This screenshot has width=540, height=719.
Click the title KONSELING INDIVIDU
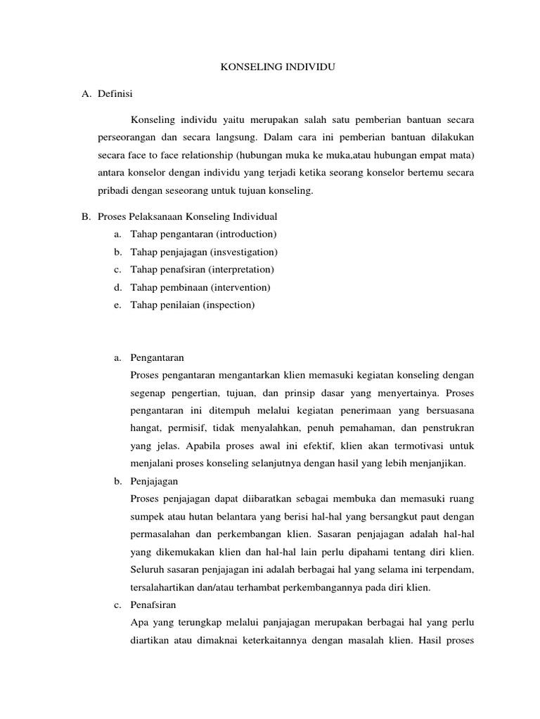pos(270,67)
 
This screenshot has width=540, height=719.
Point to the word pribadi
pos(112,190)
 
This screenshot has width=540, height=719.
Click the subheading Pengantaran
pos(157,357)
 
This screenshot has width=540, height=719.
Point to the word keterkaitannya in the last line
pos(267,640)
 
